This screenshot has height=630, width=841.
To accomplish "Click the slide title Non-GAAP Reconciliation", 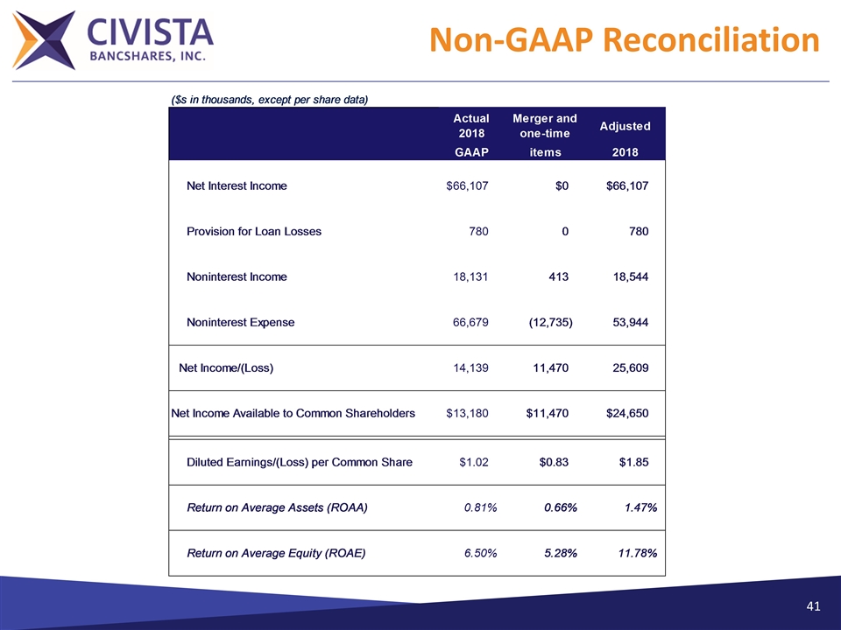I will point(625,40).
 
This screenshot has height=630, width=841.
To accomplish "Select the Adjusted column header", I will point(625,126).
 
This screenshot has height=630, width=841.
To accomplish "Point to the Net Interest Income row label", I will point(237,186).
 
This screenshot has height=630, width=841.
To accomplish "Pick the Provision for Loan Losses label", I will point(254,232).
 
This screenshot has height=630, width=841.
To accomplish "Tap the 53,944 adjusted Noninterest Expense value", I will point(631,323).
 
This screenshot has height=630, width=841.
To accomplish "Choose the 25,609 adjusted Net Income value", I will point(631,368).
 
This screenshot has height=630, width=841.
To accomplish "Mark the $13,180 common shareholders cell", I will point(468,414).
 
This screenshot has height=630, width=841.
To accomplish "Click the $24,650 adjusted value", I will point(627,414).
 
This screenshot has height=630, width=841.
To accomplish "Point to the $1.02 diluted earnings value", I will point(474,463).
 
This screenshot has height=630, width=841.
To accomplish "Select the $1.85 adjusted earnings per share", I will point(634,463).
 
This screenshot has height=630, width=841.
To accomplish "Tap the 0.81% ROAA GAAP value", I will point(481,508).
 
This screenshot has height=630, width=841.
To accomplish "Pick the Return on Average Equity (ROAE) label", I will point(276,554).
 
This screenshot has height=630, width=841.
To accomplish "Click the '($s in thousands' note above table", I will point(269,99).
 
